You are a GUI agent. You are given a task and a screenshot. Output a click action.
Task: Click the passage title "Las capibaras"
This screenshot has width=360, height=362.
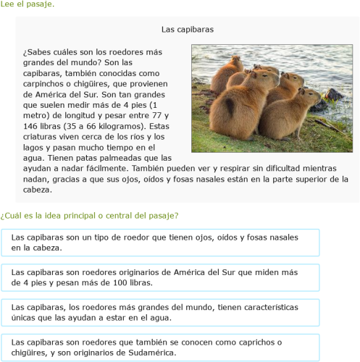coord(187,30)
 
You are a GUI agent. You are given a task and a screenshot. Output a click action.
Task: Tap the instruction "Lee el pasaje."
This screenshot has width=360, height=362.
coord(27,5)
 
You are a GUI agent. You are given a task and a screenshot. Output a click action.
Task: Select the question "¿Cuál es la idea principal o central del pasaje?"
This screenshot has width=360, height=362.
coord(90,215)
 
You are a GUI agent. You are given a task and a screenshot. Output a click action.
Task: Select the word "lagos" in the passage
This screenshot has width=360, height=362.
coord(35,146)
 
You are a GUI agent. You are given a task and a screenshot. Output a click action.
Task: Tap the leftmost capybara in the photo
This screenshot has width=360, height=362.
coord(227,71)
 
